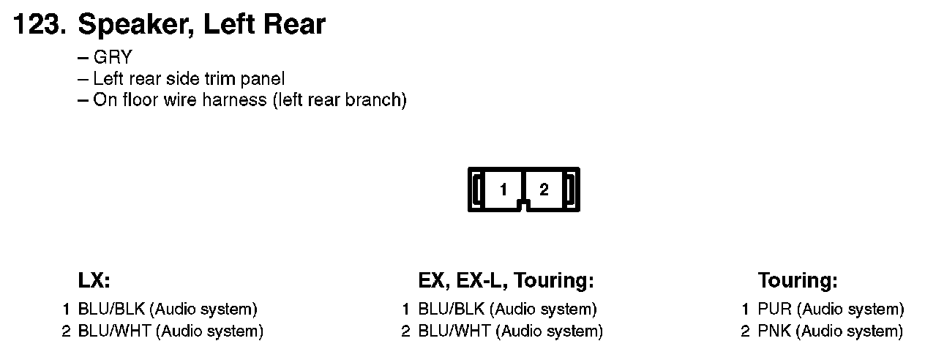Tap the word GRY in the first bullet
[x=112, y=58]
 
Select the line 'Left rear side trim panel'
[x=189, y=79]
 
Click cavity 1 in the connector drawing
[x=503, y=190]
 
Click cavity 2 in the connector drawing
[x=544, y=190]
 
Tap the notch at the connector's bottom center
[x=523, y=206]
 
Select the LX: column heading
[x=94, y=281]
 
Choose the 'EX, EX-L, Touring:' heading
[x=506, y=281]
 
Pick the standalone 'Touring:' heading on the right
[x=798, y=281]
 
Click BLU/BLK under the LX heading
[x=111, y=310]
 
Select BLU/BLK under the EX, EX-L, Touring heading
[x=451, y=310]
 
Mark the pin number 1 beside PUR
[x=746, y=310]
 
